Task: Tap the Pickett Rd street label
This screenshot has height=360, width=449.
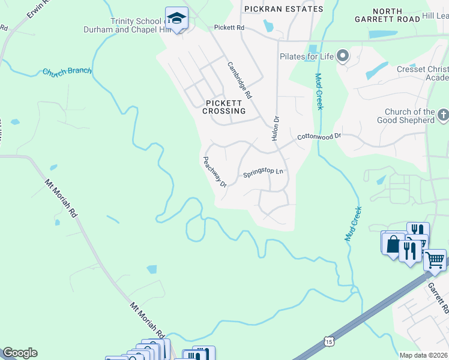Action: [229, 28]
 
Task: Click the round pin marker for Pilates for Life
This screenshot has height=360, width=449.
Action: [343, 56]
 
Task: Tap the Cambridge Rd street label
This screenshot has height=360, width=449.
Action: [240, 80]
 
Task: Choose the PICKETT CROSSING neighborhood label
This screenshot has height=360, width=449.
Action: [224, 107]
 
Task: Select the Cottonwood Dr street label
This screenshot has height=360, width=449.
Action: [319, 137]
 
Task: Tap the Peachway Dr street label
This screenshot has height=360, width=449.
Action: [214, 172]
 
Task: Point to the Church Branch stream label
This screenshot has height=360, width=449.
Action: [67, 71]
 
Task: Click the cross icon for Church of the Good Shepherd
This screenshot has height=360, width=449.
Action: [443, 114]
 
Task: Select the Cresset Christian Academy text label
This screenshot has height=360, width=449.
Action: [423, 73]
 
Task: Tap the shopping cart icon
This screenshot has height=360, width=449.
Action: [435, 260]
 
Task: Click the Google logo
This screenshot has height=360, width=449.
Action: [20, 353]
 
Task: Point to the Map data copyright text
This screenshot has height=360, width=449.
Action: [424, 355]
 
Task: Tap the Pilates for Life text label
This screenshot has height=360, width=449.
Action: [306, 57]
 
